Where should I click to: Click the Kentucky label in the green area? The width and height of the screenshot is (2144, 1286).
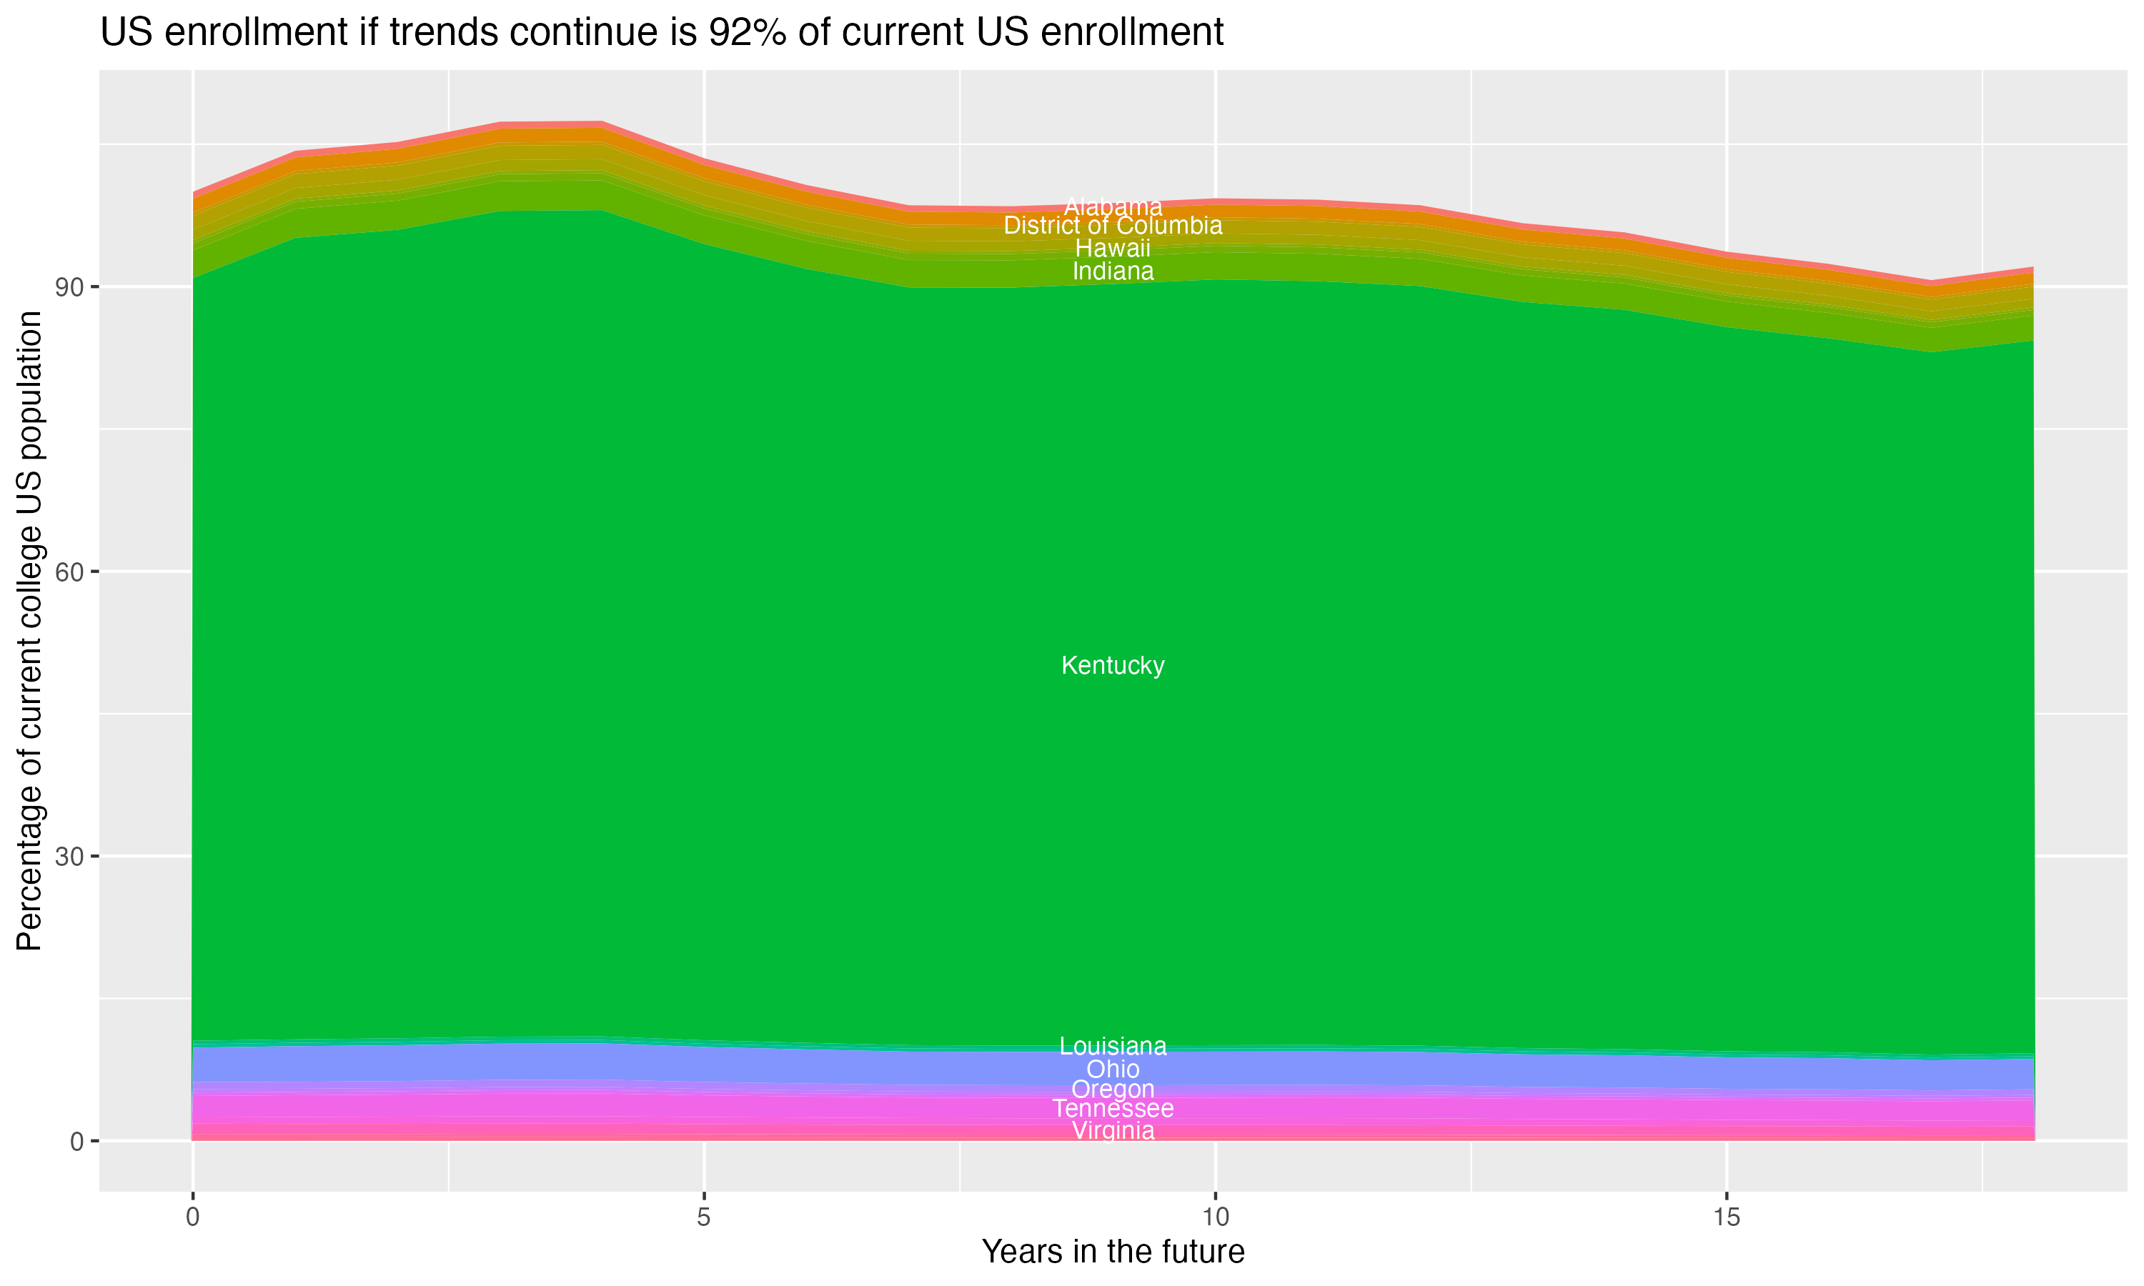click(x=1113, y=666)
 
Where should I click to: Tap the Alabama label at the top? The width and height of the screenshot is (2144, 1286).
click(x=1113, y=207)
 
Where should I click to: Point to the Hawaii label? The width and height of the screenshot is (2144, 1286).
click(x=1113, y=249)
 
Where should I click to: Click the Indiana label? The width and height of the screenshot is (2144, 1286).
click(x=1113, y=271)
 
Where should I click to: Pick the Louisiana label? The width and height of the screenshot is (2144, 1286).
click(x=1113, y=1046)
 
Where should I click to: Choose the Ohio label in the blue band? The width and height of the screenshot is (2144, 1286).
click(x=1113, y=1070)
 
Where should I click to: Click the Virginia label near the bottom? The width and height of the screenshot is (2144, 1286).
click(x=1113, y=1131)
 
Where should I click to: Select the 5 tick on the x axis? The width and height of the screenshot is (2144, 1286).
click(x=704, y=1217)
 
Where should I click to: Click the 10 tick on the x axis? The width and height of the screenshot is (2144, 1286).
click(x=1216, y=1217)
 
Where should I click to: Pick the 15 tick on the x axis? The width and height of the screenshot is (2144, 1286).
click(x=1727, y=1217)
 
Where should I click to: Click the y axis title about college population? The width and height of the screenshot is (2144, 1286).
click(x=29, y=631)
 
